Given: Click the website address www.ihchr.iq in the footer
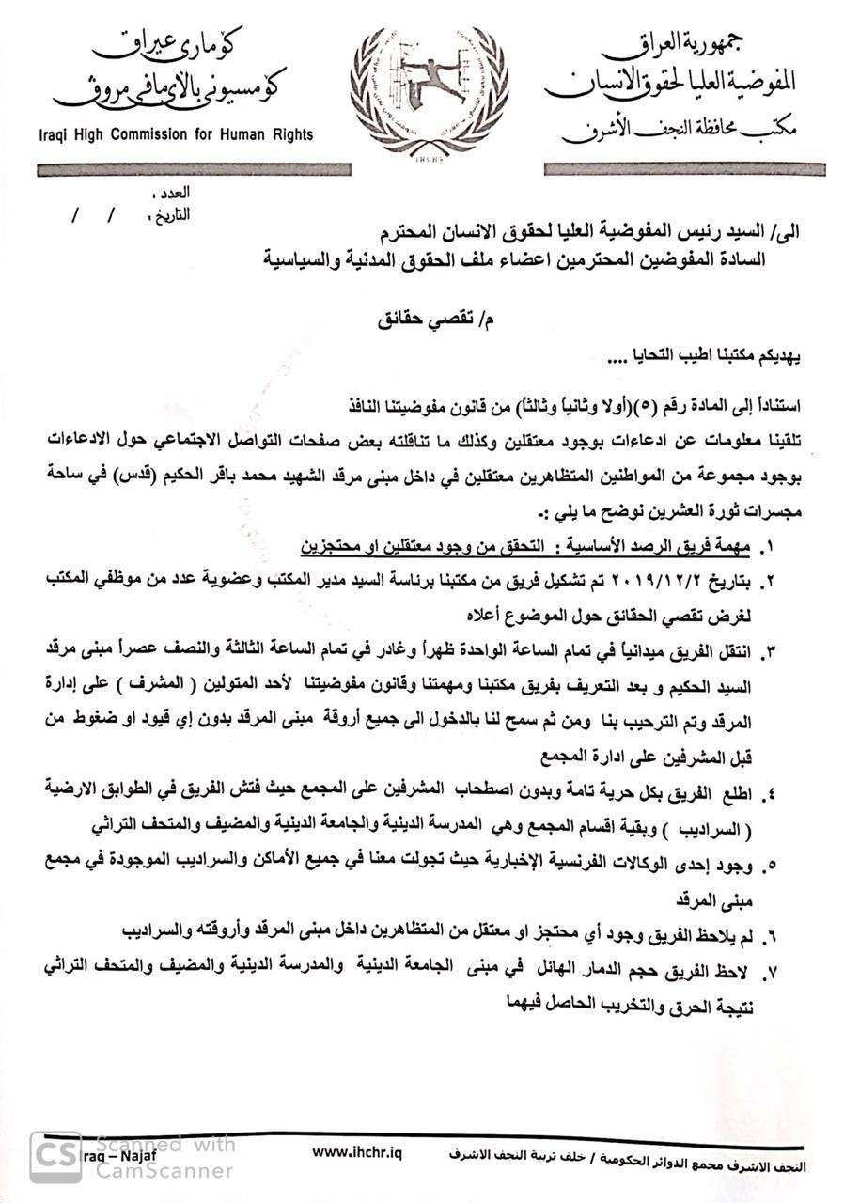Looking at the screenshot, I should click(x=356, y=1152).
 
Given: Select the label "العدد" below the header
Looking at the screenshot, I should click(x=172, y=194).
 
